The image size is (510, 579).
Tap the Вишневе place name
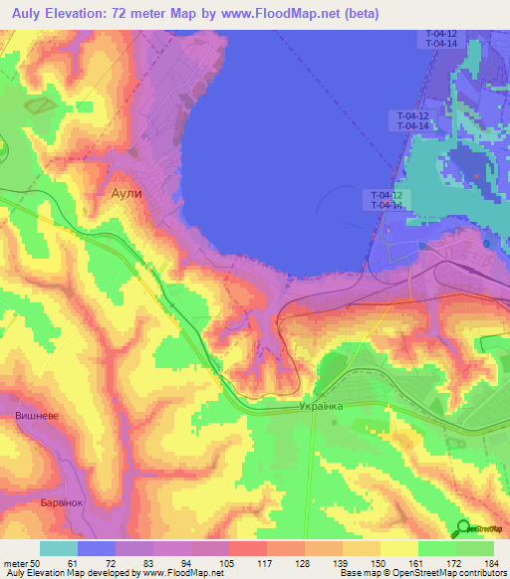click(35, 414)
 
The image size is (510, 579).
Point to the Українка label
click(321, 407)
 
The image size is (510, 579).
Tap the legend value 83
click(148, 562)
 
